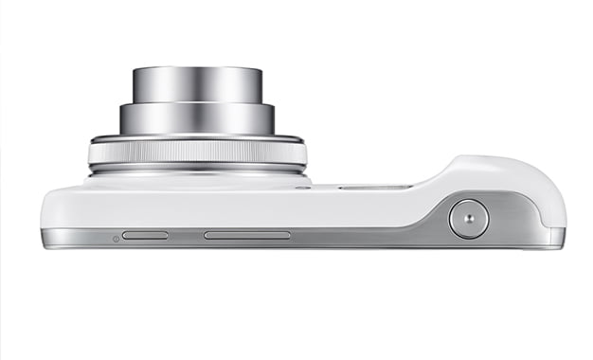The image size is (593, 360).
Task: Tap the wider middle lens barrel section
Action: pos(197,117)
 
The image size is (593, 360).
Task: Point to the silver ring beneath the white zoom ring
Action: pos(197,171)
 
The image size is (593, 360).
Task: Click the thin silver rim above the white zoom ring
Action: pos(197,138)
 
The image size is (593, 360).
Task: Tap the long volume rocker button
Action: pos(247,234)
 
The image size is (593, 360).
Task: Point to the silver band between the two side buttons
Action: pos(187,235)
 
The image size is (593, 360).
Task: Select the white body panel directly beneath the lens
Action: pos(197,204)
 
